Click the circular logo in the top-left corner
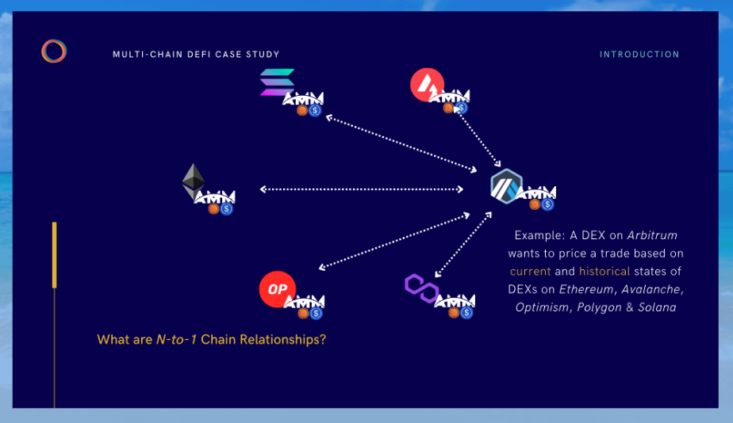click(x=54, y=51)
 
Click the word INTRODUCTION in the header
click(x=639, y=55)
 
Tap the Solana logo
click(x=277, y=82)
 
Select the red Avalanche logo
click(x=427, y=85)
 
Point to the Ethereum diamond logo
click(x=193, y=181)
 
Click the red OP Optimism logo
click(x=277, y=289)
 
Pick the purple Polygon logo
click(x=421, y=288)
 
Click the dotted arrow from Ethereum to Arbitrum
click(x=362, y=189)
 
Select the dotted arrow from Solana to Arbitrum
click(x=401, y=144)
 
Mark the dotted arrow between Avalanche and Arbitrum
click(x=479, y=138)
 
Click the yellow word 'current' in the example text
click(x=530, y=271)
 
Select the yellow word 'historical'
click(x=604, y=271)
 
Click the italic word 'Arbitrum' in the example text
click(x=652, y=235)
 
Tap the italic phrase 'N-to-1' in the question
click(x=175, y=340)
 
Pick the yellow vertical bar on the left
click(x=55, y=255)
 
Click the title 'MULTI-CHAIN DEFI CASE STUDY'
click(x=196, y=55)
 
